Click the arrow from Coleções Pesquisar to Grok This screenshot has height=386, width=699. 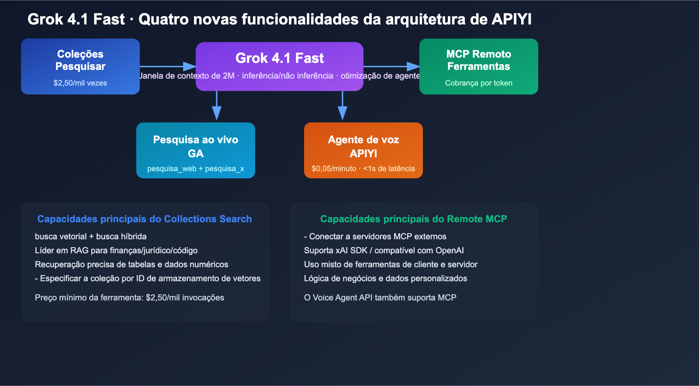pos(168,66)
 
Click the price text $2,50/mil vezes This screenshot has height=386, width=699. pos(80,83)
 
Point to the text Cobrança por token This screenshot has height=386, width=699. pos(478,83)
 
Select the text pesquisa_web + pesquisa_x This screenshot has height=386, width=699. pos(195,169)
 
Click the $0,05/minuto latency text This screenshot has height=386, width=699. pos(363,169)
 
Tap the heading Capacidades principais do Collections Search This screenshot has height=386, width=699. pos(144,219)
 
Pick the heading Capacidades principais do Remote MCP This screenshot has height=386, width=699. pos(413,219)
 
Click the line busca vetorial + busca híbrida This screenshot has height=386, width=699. pos(90,236)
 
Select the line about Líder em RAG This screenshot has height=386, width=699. pos(116,250)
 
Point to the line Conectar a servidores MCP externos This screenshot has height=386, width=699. pos(375,236)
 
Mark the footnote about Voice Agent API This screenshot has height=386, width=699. pos(380,297)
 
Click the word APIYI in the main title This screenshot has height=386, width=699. pos(511,19)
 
